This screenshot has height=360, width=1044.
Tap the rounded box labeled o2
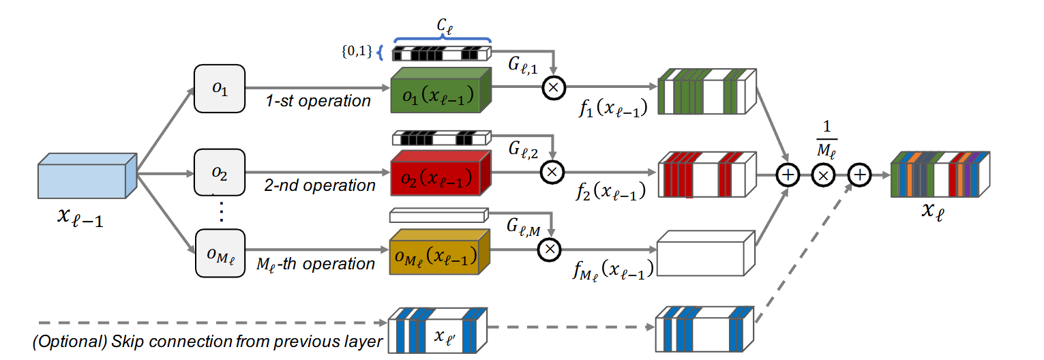pos(219,172)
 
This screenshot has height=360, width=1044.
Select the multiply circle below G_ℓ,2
pos(554,171)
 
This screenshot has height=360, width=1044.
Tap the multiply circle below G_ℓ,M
pos(549,250)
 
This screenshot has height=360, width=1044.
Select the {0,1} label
pos(356,52)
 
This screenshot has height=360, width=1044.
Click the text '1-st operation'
pos(318,101)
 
